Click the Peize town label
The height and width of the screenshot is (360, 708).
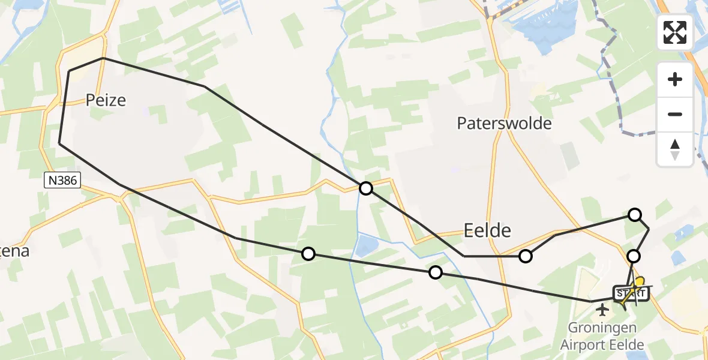[x=106, y=100]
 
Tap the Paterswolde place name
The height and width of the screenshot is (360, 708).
[x=503, y=124]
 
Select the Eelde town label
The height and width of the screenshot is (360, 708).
[x=487, y=230]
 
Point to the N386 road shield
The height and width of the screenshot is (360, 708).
[x=62, y=181]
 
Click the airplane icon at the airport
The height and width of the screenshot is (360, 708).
[x=602, y=310]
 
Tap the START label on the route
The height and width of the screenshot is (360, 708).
[x=630, y=294]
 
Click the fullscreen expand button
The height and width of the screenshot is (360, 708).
[x=675, y=32]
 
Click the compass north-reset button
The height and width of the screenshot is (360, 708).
[x=675, y=149]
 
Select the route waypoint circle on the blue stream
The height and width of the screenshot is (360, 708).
[x=365, y=188]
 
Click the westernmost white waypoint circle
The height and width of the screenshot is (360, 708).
[x=308, y=254]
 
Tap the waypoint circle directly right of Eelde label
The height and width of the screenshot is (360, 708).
[x=526, y=256]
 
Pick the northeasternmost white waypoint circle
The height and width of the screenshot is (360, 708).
[x=634, y=214]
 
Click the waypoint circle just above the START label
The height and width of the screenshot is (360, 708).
[x=633, y=256]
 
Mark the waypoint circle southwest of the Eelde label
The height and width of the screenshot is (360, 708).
[x=436, y=273]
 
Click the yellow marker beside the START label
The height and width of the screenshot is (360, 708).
[x=640, y=282]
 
